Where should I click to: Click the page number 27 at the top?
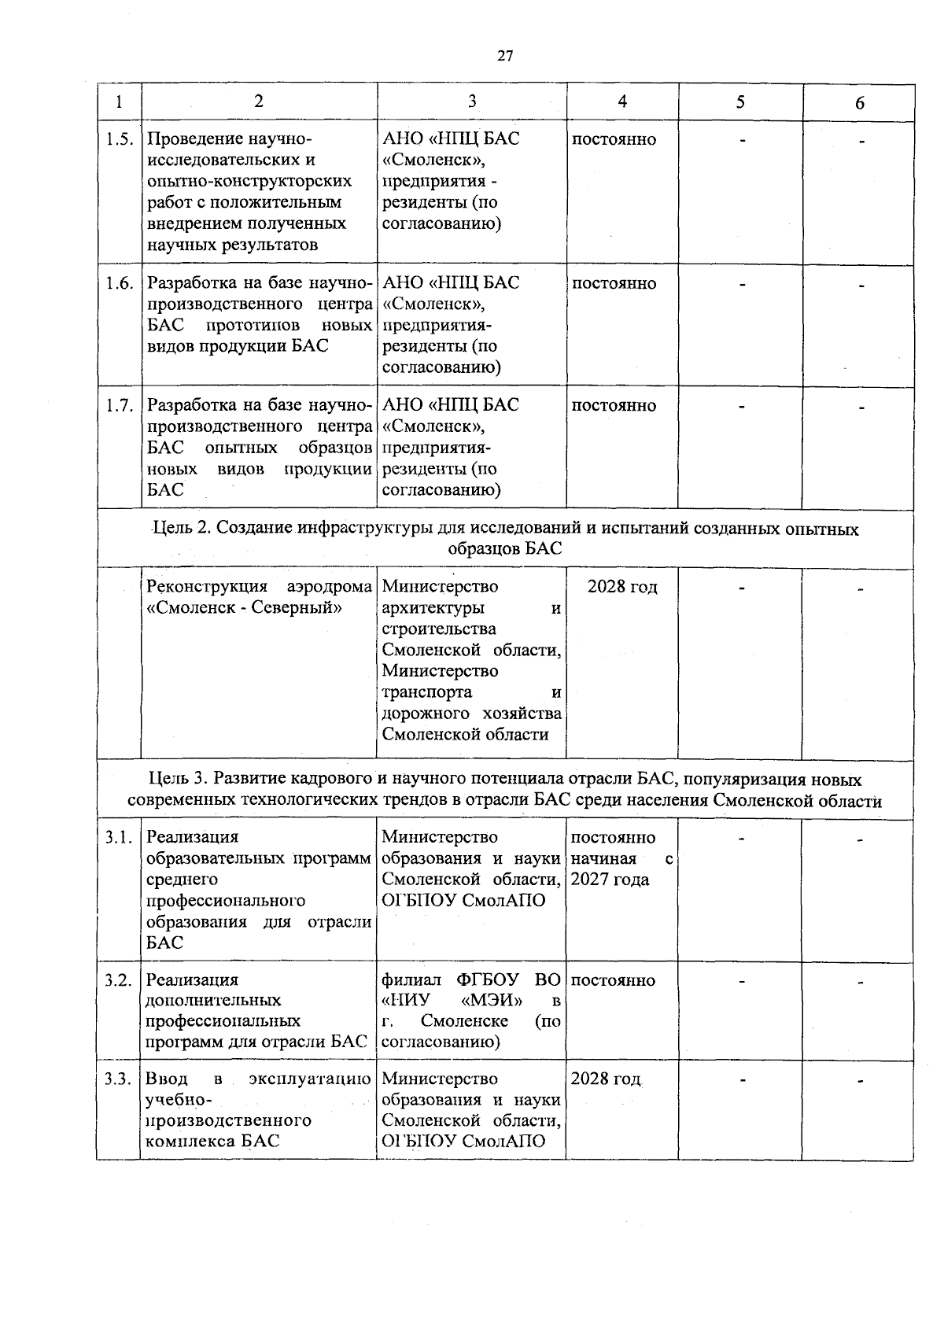505,55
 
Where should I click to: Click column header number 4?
622,101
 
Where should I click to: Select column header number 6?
860,103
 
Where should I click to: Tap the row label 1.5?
120,139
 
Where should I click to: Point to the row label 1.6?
120,283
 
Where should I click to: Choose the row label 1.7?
120,406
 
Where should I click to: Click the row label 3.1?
120,838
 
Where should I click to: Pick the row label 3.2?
120,980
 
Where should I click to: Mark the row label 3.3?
120,1079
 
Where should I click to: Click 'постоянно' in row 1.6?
614,283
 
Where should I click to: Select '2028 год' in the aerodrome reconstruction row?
622,588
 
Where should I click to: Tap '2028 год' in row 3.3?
606,1079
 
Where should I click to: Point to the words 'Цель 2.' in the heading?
182,529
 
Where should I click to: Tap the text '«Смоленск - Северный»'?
245,608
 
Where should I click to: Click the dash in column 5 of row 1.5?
741,140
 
